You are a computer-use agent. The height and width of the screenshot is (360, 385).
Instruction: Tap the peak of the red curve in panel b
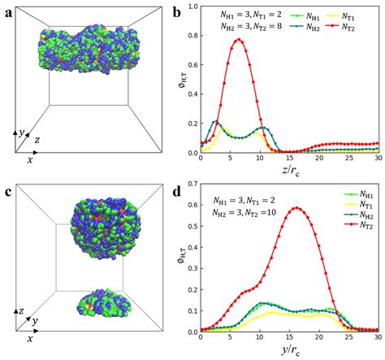pos(239,40)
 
